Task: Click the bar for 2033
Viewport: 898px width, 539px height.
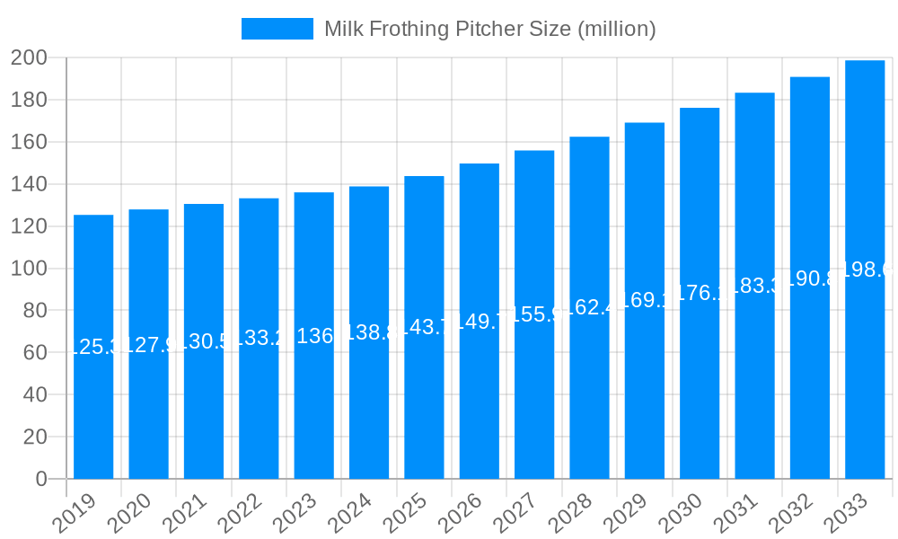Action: pos(865,269)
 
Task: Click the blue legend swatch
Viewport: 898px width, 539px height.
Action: pos(277,29)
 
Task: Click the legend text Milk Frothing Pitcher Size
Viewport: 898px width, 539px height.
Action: pos(489,29)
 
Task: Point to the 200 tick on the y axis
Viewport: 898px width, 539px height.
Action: pos(29,58)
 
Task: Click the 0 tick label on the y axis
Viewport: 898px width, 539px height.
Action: pos(41,479)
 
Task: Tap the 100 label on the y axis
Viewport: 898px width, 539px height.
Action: pos(29,269)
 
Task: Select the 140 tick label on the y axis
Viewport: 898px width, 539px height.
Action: pos(29,184)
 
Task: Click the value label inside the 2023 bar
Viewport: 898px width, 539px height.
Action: pos(314,335)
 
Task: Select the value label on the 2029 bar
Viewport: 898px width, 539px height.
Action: pos(645,300)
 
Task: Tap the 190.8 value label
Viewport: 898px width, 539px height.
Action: pos(810,278)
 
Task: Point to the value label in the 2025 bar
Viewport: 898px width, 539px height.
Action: pos(424,327)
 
